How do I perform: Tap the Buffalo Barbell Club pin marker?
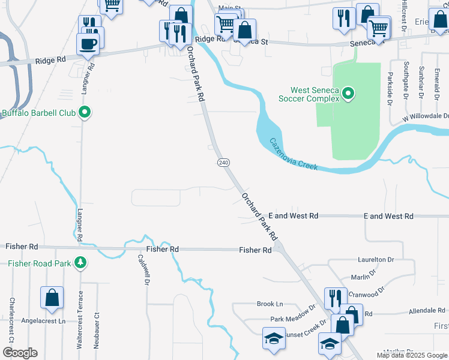(85, 112)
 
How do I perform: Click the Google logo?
(20, 353)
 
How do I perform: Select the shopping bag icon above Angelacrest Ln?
(52, 298)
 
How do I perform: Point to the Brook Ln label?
(270, 304)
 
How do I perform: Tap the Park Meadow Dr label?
(292, 316)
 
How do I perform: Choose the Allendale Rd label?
(427, 311)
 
